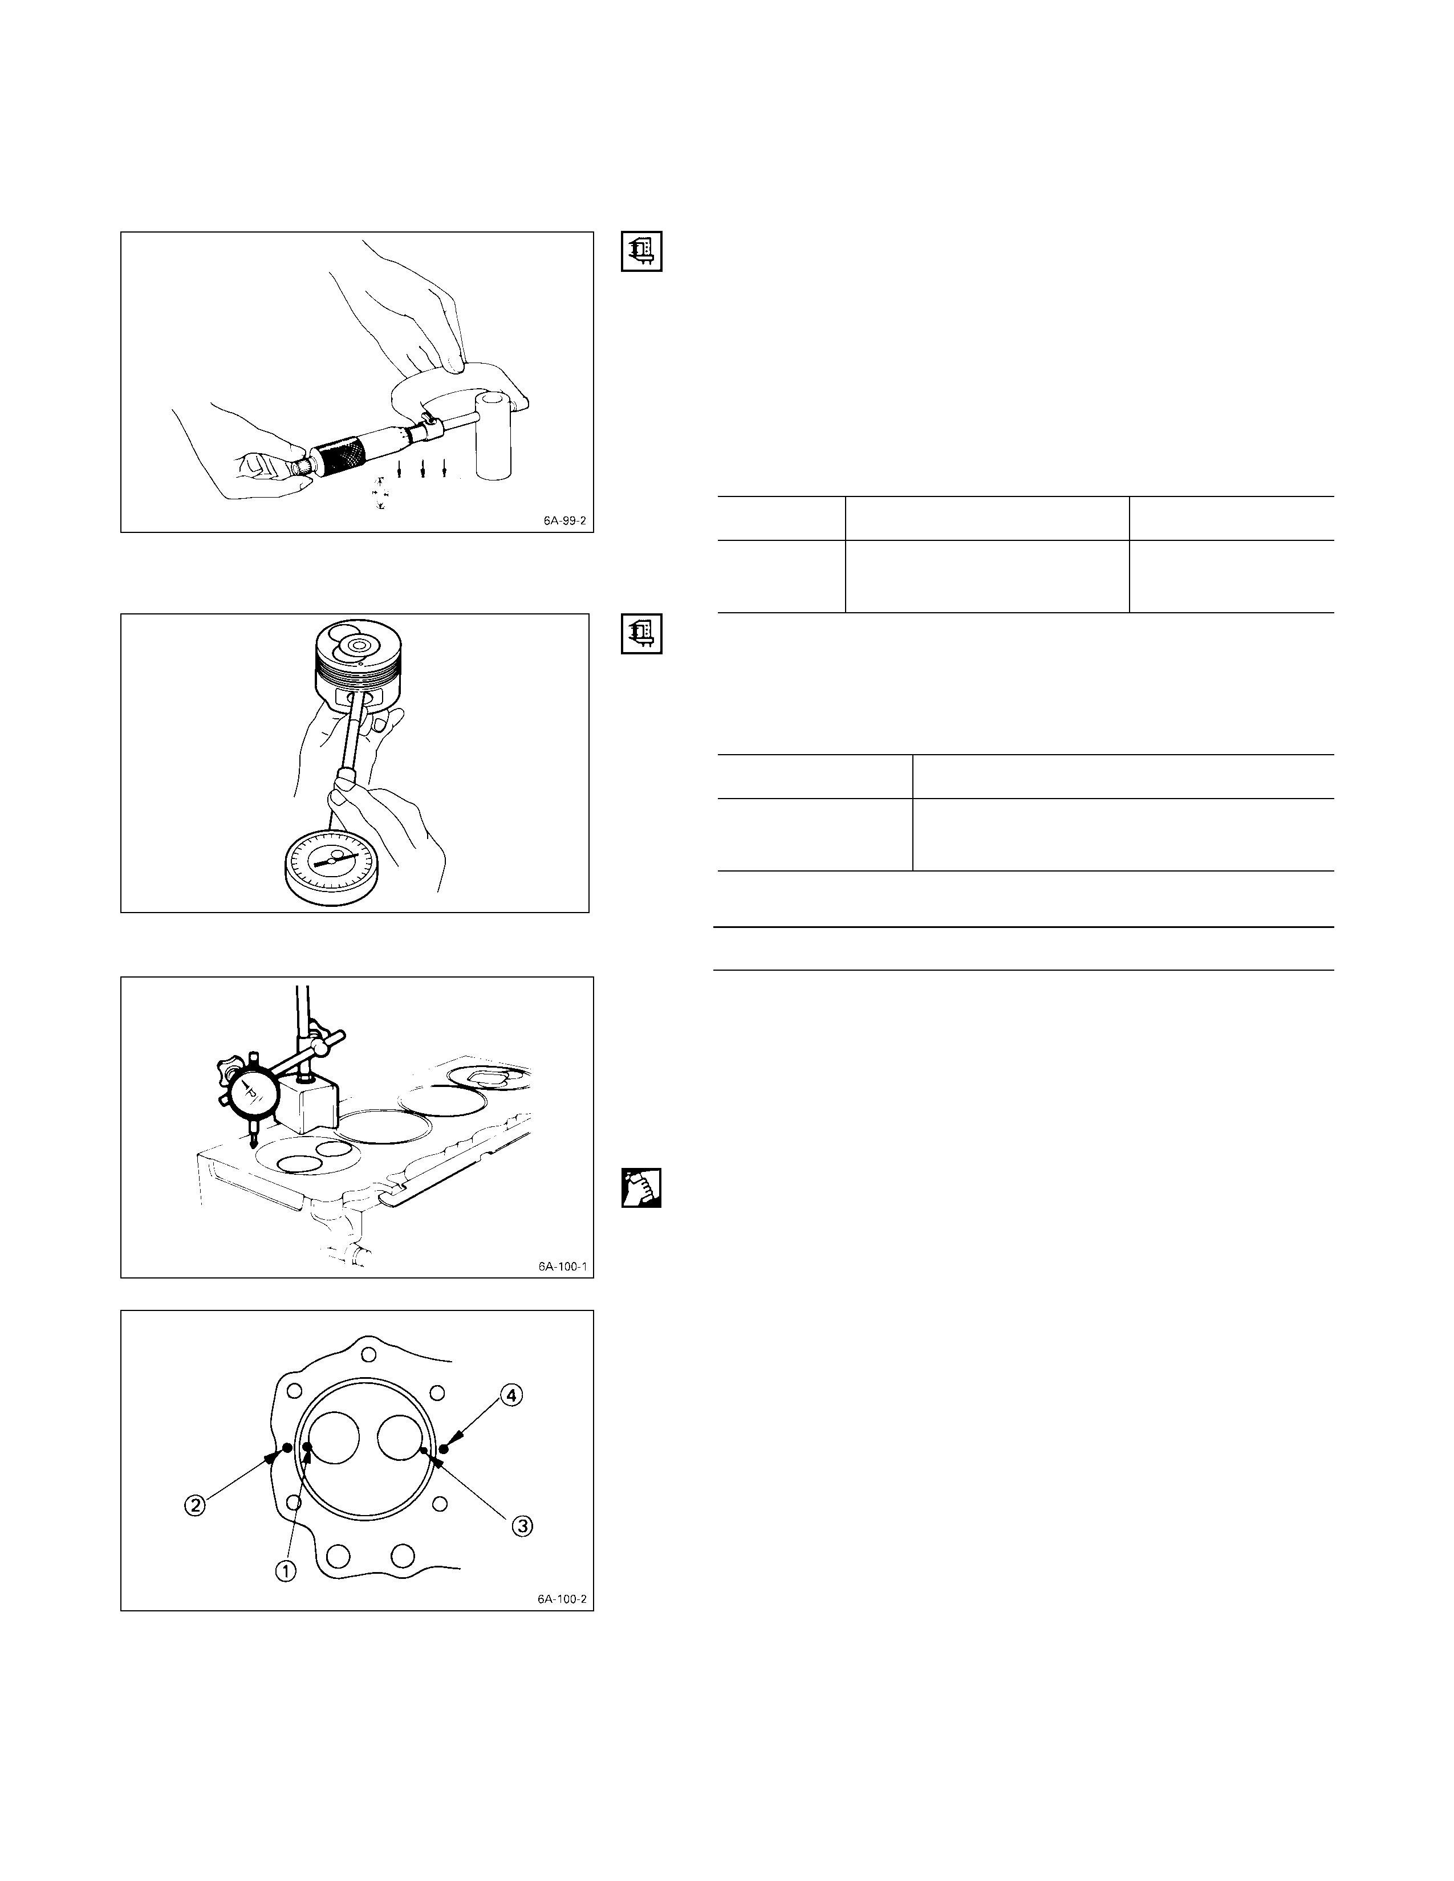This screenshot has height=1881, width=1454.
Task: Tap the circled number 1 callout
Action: point(285,1571)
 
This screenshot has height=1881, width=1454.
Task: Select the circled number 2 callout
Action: point(196,1505)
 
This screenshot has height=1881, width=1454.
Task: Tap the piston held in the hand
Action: point(356,659)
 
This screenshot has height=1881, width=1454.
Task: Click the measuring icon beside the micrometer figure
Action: point(641,251)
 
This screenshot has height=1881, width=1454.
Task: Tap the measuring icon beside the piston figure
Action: point(641,633)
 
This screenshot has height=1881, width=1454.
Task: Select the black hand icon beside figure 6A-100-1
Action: point(641,1188)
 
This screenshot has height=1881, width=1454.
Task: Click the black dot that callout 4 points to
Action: point(444,1448)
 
